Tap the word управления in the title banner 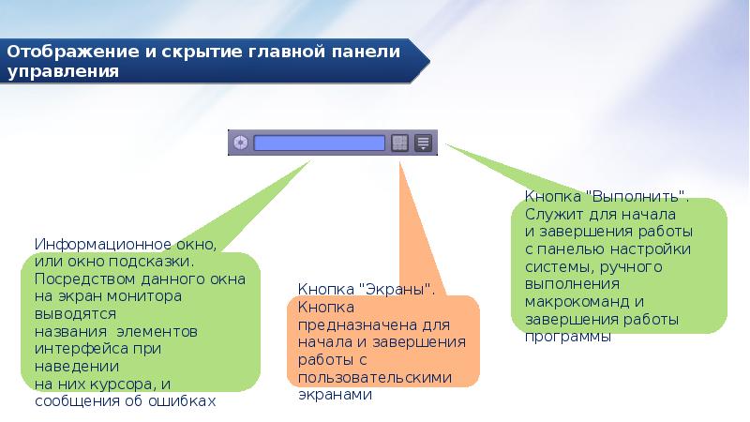click(x=64, y=71)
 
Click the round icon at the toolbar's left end click(x=240, y=143)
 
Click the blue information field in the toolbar click(x=320, y=143)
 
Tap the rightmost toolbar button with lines click(x=423, y=143)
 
